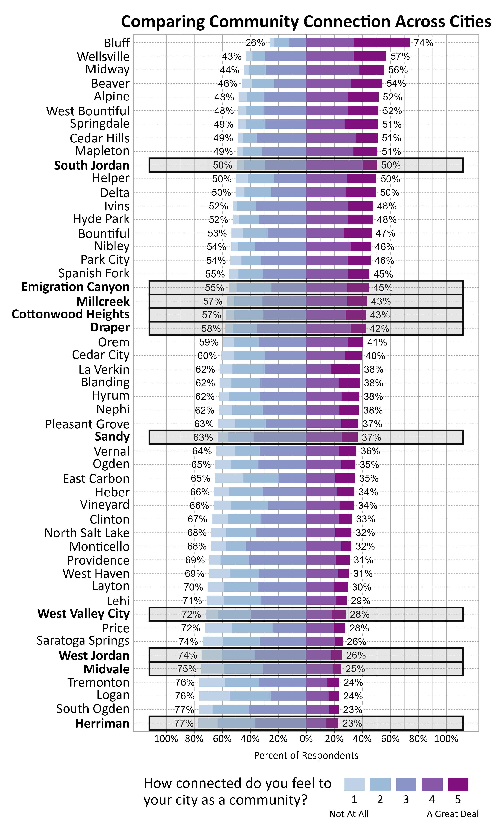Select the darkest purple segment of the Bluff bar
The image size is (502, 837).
[x=382, y=43]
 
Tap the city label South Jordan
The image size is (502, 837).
[x=92, y=165]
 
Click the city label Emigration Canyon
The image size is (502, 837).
[x=75, y=287]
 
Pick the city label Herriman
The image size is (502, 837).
[x=102, y=723]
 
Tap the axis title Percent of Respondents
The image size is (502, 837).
[x=306, y=756]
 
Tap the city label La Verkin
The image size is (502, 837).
[x=104, y=369]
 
